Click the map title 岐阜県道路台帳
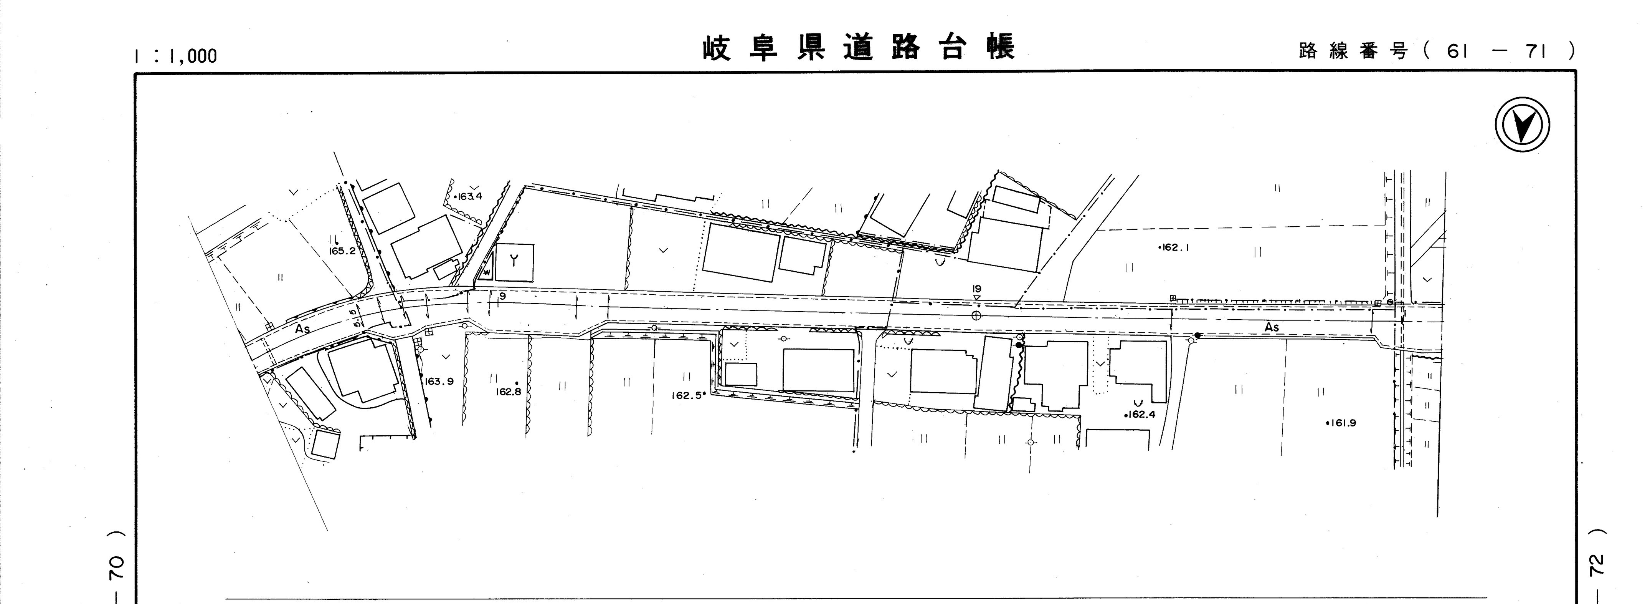(x=858, y=48)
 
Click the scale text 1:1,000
(x=176, y=56)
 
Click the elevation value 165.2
(x=342, y=251)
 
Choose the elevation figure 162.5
(x=687, y=396)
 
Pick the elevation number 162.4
(x=1140, y=414)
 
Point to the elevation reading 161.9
(x=1341, y=423)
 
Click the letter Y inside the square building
(x=514, y=261)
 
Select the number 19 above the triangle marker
(x=976, y=289)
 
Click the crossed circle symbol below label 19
(x=976, y=315)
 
